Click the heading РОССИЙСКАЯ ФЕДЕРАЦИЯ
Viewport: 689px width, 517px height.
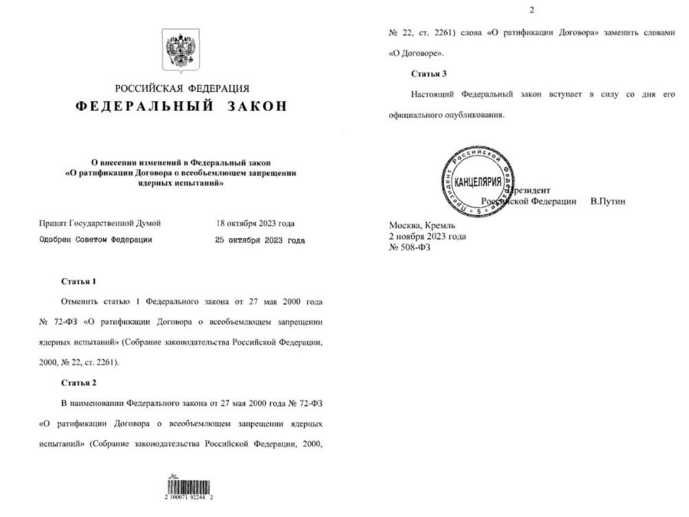tap(181, 89)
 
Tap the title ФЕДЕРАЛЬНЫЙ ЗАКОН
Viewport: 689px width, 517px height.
tap(181, 106)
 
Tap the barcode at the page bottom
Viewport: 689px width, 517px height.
tap(187, 488)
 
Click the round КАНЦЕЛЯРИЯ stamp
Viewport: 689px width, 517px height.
tap(478, 183)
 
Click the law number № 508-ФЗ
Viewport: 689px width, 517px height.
tap(410, 248)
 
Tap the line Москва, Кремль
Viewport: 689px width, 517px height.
tap(423, 227)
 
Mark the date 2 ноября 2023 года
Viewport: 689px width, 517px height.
tap(428, 237)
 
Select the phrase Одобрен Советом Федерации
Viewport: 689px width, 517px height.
tap(96, 240)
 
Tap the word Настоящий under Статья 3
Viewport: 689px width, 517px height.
tap(433, 93)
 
